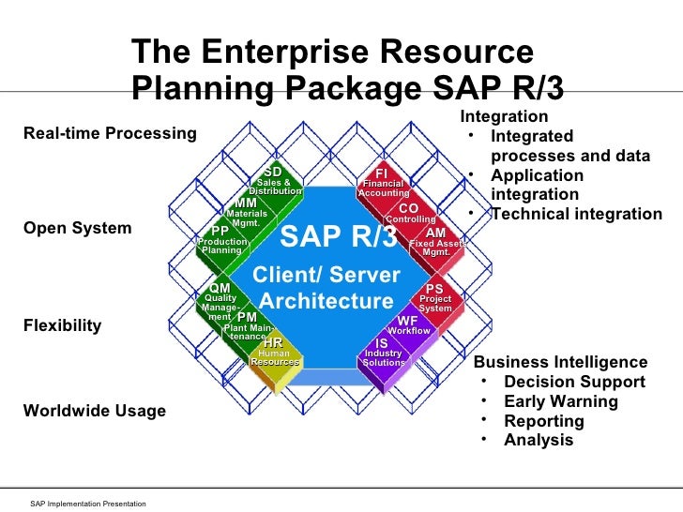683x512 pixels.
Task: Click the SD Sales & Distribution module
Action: coord(274,181)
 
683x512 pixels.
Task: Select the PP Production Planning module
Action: coord(221,241)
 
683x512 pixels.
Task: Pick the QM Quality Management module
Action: coord(220,299)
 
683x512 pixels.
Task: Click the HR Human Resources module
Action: coord(274,353)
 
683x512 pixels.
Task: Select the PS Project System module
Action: coord(435,299)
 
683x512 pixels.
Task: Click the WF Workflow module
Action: coord(408,325)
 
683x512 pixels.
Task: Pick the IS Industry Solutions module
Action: coord(383,353)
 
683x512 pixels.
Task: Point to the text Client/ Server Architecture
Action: coord(327,289)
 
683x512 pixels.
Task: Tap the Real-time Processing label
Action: coord(110,133)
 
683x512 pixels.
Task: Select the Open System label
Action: coord(77,229)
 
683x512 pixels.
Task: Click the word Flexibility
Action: coord(62,326)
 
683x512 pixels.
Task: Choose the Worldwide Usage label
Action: coord(94,411)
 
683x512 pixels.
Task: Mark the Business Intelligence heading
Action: coord(560,362)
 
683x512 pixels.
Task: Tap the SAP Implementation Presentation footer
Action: coord(88,504)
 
